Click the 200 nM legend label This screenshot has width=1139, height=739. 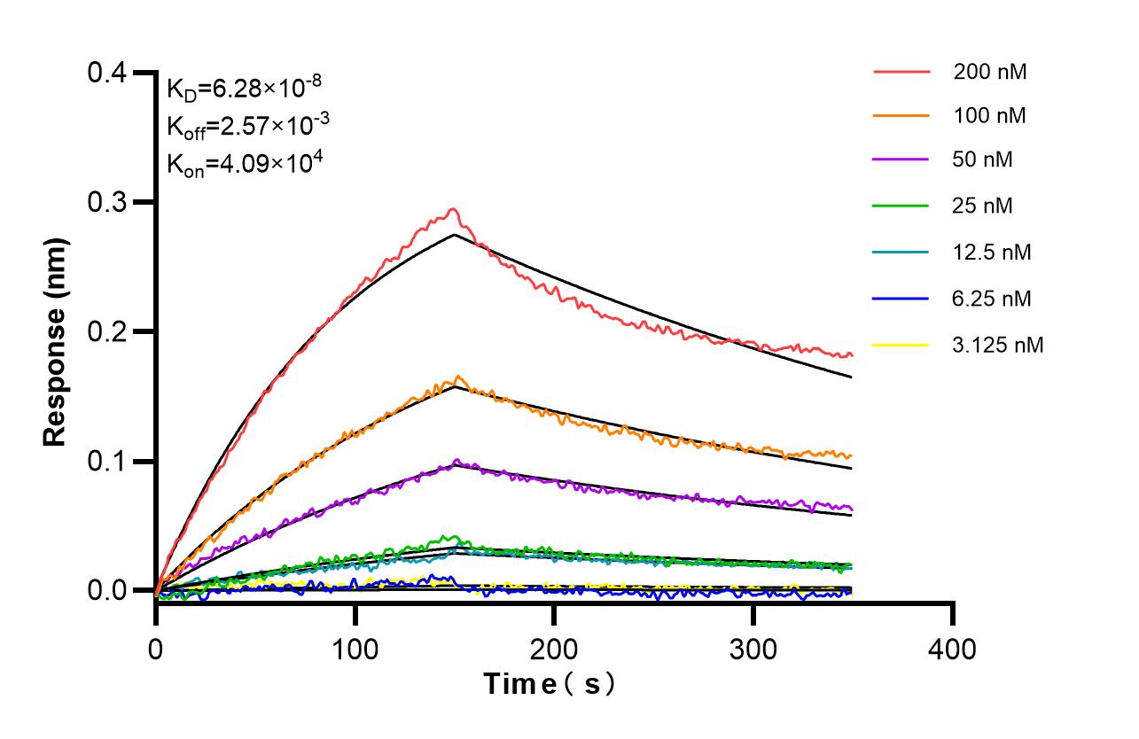tap(990, 72)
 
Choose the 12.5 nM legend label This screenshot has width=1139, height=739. tap(993, 253)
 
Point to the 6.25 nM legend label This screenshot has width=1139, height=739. tap(993, 299)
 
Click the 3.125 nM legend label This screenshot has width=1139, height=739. tap(998, 345)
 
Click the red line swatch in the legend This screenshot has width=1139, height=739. tap(901, 72)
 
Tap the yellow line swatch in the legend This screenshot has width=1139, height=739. tap(901, 345)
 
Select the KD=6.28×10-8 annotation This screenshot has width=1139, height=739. tap(244, 88)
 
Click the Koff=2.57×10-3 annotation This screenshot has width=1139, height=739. tap(248, 126)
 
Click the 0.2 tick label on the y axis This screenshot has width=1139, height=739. tap(107, 332)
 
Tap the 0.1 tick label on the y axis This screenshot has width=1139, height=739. tap(107, 462)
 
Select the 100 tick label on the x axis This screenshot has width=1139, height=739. tap(355, 650)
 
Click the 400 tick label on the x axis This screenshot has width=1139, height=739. tap(953, 650)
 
